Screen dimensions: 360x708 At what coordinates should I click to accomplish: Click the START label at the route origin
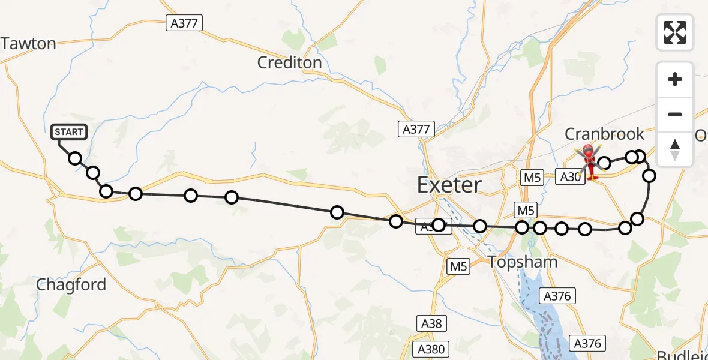(70, 132)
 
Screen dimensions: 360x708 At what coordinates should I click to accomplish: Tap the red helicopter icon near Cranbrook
(590, 160)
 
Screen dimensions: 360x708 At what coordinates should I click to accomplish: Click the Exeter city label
(449, 185)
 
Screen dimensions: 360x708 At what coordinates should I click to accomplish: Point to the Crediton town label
(289, 62)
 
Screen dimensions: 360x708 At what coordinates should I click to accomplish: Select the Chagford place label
(71, 284)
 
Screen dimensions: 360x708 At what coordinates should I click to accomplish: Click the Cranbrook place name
(604, 134)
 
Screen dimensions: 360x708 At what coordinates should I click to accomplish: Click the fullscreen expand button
(675, 32)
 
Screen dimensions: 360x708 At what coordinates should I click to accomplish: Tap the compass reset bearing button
(675, 148)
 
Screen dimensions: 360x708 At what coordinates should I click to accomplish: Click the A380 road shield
(431, 349)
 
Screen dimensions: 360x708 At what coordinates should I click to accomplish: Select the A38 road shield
(431, 323)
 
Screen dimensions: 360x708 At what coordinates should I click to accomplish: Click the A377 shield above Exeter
(415, 129)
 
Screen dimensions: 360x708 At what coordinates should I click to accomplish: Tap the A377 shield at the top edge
(184, 23)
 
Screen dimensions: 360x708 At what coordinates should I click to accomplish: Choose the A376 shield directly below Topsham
(557, 295)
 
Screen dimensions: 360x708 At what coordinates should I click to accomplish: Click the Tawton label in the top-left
(28, 43)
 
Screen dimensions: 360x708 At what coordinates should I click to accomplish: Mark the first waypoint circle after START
(75, 158)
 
